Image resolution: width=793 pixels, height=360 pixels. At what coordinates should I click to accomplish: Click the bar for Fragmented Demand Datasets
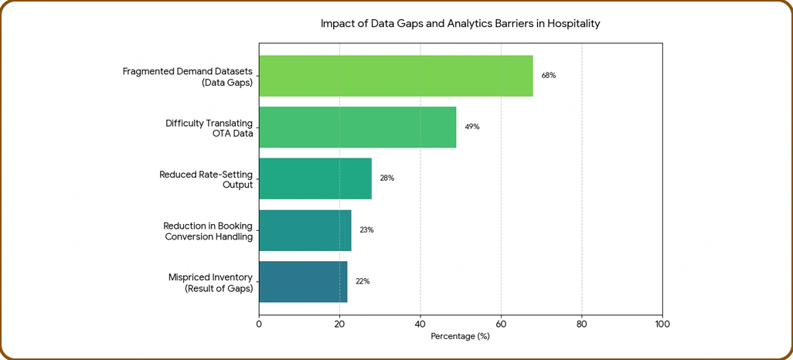[x=396, y=76]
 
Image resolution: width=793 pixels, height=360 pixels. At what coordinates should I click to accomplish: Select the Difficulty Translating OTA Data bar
[x=358, y=127]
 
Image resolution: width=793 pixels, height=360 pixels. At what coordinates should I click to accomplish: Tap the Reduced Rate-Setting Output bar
[x=315, y=178]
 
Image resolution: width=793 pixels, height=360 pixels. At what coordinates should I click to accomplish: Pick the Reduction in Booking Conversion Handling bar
[x=305, y=230]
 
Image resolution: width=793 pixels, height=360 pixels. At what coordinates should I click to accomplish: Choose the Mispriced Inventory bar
[x=304, y=282]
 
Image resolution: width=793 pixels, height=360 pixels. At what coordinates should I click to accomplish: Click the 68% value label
[x=549, y=76]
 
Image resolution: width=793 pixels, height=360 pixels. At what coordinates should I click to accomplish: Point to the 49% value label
[x=471, y=127]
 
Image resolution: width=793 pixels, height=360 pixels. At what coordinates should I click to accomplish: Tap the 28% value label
[x=387, y=178]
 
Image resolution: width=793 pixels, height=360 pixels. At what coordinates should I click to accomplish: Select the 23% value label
[x=366, y=230]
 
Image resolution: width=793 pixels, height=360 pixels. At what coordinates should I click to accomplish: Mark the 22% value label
[x=362, y=282]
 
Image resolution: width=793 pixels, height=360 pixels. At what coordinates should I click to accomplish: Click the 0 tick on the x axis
[x=259, y=324]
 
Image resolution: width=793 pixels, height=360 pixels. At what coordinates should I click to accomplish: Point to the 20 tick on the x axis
[x=340, y=324]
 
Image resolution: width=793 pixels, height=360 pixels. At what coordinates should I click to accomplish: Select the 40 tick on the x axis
[x=420, y=324]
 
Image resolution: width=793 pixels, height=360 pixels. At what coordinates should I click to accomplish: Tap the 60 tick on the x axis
[x=501, y=324]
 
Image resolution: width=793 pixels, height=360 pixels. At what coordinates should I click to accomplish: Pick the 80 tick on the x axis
[x=581, y=324]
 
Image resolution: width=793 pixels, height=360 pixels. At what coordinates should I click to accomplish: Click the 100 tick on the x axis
[x=662, y=324]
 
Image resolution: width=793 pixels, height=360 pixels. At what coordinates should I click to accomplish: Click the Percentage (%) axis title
[x=461, y=336]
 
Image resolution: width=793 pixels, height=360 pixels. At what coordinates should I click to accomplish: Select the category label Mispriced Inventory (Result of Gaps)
[x=210, y=284]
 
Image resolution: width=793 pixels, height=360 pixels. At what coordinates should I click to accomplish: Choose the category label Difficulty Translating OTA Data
[x=209, y=128]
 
